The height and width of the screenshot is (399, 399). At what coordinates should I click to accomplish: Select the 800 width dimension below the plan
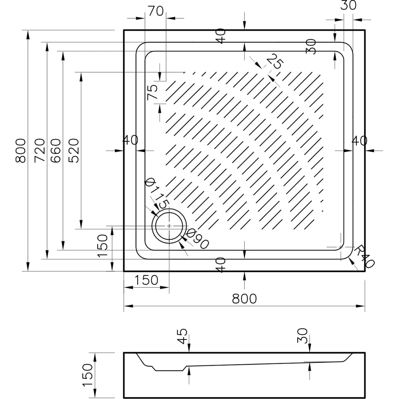point(244,299)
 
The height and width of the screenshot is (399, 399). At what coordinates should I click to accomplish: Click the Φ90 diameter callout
point(198,239)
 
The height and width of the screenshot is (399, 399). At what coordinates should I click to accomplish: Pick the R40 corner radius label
point(364,257)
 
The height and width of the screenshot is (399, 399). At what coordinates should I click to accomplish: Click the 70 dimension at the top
point(156,11)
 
